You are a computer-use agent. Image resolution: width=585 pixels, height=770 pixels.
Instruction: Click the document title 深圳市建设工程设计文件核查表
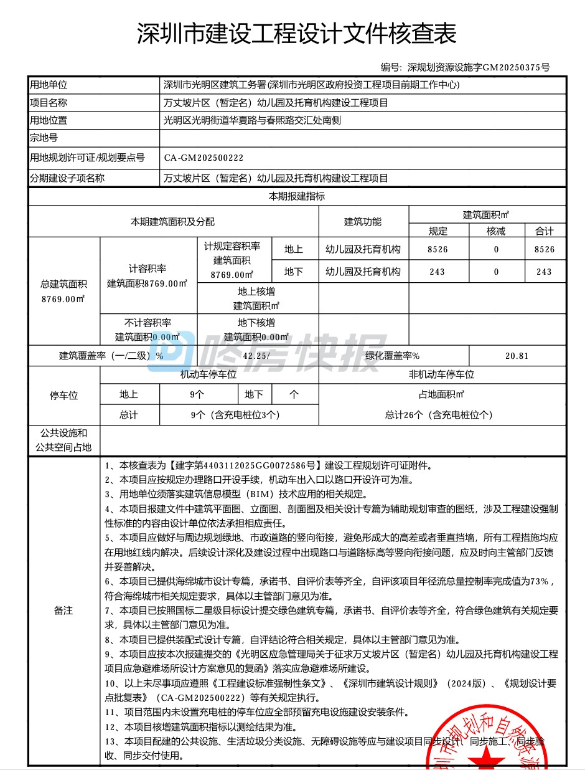(x=296, y=34)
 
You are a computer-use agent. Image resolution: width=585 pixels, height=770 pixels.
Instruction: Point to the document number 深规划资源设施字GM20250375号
(x=479, y=67)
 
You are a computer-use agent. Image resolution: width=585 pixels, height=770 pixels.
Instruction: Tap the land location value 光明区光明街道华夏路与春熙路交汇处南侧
(x=252, y=120)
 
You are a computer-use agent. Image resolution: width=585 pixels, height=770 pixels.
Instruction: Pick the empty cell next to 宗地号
(x=362, y=138)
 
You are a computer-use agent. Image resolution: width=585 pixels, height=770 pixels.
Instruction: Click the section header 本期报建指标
(x=297, y=196)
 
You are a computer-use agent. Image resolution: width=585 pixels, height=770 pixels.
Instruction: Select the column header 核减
(x=496, y=231)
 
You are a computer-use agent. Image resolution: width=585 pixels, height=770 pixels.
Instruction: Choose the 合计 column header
(x=544, y=231)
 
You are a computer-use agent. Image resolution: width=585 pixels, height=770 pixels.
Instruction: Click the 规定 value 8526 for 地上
(x=438, y=249)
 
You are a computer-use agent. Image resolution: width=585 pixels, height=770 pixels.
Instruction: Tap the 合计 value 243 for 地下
(x=544, y=272)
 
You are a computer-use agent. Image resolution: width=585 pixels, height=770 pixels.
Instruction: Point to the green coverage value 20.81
(x=517, y=356)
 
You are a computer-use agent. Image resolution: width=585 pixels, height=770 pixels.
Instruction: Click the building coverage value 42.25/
(x=256, y=356)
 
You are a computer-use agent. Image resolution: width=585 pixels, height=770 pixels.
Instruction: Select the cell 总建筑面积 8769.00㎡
(x=63, y=291)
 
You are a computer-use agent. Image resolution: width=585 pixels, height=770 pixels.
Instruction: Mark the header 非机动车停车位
(x=442, y=374)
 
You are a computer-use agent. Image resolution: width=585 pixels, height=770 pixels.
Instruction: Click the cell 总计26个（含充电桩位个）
(x=442, y=414)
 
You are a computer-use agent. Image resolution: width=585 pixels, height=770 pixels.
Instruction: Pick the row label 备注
(x=63, y=611)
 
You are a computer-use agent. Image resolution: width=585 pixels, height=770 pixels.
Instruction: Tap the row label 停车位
(x=63, y=395)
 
